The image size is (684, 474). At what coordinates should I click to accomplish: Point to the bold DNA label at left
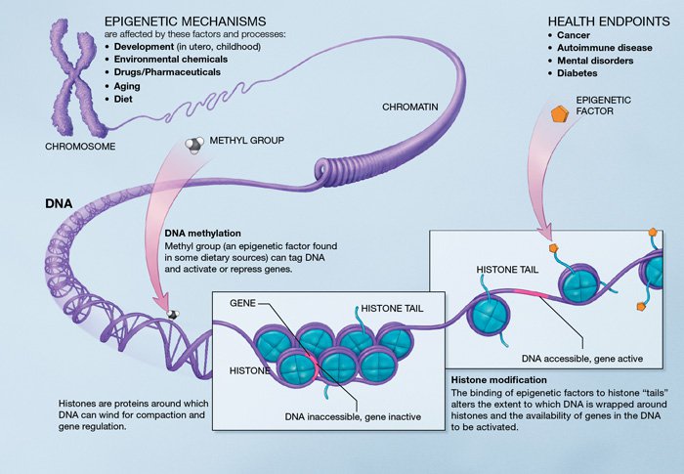coord(57,204)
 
